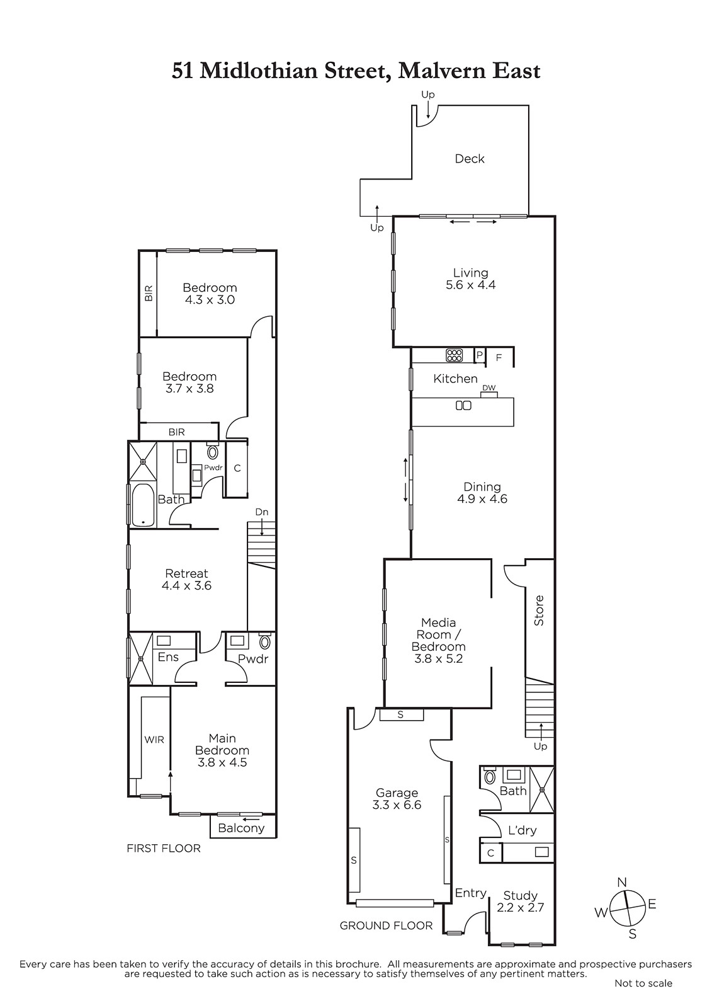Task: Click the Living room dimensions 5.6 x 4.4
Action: (x=470, y=285)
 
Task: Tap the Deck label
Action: (x=470, y=158)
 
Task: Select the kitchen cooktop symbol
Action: (x=455, y=355)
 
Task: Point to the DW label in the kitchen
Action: (x=489, y=388)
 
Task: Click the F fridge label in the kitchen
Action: (x=499, y=358)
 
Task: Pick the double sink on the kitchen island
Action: (x=463, y=406)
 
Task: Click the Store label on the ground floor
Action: (x=539, y=610)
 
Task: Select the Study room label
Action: (x=521, y=895)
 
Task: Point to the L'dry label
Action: (x=522, y=830)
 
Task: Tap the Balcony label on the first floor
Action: (x=241, y=828)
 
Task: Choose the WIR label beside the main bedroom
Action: (x=154, y=740)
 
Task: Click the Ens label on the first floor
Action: (x=168, y=657)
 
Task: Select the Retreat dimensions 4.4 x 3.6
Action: (x=186, y=585)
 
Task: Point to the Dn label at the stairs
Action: (x=262, y=512)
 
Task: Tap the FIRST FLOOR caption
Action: (x=164, y=848)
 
